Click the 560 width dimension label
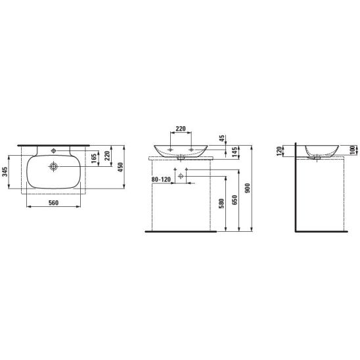click(x=53, y=203)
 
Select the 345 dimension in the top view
click(x=5, y=171)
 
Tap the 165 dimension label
click(x=94, y=158)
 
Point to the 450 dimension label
click(x=120, y=167)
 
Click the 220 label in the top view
click(x=107, y=156)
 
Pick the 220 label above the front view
click(x=181, y=129)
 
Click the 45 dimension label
click(x=222, y=139)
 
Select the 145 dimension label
click(x=234, y=152)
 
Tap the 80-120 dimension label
click(x=161, y=179)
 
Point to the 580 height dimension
click(x=221, y=204)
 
